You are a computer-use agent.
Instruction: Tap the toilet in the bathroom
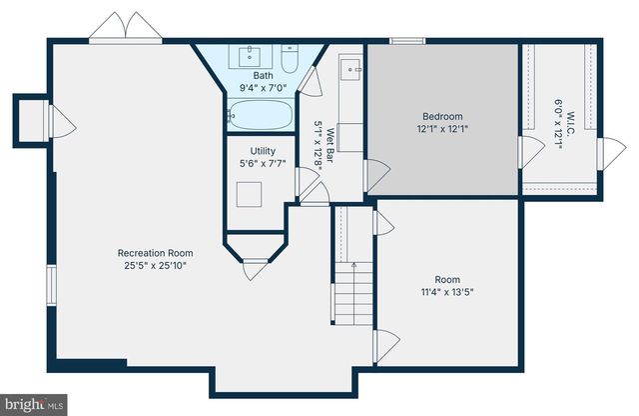pyautogui.click(x=290, y=61)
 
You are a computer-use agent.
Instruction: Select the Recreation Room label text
pyautogui.click(x=155, y=253)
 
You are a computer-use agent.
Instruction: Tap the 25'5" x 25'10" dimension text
pyautogui.click(x=155, y=266)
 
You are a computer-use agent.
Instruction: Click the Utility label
pyautogui.click(x=250, y=151)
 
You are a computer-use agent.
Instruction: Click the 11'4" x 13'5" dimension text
pyautogui.click(x=447, y=293)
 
